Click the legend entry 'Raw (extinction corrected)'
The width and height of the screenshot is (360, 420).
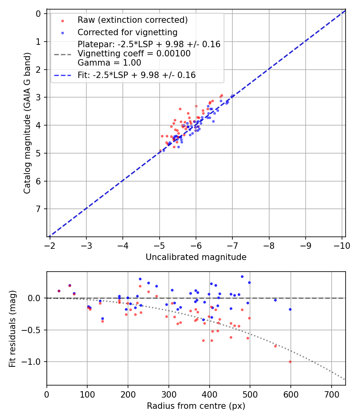pos(132,20)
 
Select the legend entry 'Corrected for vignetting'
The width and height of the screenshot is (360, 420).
pos(127,32)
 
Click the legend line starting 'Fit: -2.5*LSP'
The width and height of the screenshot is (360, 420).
pos(136,75)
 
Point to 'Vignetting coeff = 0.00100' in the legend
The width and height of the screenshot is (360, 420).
pos(134,54)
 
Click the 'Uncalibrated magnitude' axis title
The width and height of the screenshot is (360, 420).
pos(196,257)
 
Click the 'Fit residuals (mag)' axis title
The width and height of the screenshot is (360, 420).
pos(12,328)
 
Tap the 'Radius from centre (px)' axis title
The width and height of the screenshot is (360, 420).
pos(196,406)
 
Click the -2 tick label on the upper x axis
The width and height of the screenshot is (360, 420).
pos(50,245)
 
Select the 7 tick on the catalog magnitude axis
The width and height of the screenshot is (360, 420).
pos(38,209)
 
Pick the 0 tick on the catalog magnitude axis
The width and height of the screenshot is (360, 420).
pos(38,14)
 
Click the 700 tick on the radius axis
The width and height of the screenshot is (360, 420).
pos(331,394)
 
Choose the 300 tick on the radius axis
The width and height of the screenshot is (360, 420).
pos(168,394)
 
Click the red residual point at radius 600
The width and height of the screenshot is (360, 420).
pos(290,362)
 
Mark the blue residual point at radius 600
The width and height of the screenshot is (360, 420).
pos(290,309)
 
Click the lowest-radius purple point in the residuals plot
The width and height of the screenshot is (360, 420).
pos(59,291)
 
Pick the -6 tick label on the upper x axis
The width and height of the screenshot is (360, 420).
pos(196,245)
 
